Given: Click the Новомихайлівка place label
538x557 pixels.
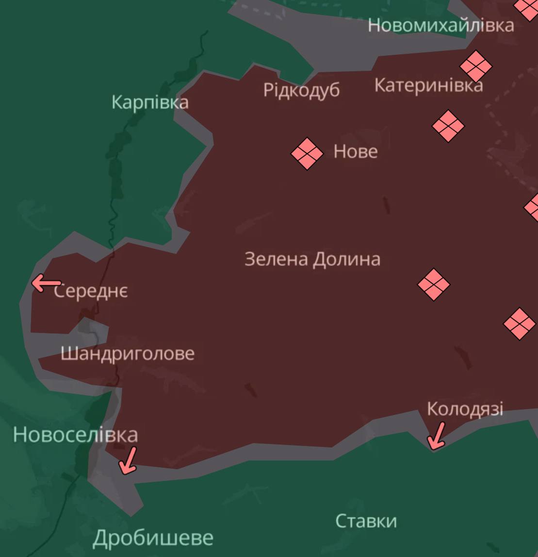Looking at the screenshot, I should pyautogui.click(x=440, y=25).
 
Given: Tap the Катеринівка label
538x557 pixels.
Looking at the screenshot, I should pyautogui.click(x=428, y=86).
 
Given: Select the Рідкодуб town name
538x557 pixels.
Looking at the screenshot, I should pyautogui.click(x=301, y=90).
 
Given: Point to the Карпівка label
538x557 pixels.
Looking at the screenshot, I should pyautogui.click(x=150, y=102).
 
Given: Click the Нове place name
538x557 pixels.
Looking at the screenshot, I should pyautogui.click(x=356, y=152).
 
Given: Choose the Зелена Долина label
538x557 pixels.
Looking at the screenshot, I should pyautogui.click(x=312, y=259).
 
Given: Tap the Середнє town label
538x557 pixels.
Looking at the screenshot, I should pyautogui.click(x=91, y=291).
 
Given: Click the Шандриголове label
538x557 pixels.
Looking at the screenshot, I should pyautogui.click(x=128, y=353).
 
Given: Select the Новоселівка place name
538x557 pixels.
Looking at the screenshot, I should pyautogui.click(x=75, y=434).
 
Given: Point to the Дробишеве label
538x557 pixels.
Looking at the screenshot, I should pyautogui.click(x=153, y=538).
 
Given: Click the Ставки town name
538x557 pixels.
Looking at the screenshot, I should pyautogui.click(x=366, y=521).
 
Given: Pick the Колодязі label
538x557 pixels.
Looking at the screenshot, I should pyautogui.click(x=465, y=409).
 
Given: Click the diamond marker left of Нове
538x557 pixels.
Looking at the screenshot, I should pyautogui.click(x=307, y=154).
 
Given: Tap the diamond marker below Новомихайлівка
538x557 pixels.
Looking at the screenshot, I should pyautogui.click(x=476, y=66).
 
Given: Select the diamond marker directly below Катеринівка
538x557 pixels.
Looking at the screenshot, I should pyautogui.click(x=448, y=126).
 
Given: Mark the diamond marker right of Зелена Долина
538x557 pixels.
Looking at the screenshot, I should pyautogui.click(x=434, y=285).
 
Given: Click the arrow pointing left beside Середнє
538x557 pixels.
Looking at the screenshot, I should pyautogui.click(x=46, y=283).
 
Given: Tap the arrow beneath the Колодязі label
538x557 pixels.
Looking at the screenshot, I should pyautogui.click(x=436, y=436).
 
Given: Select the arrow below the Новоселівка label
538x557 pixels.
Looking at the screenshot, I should pyautogui.click(x=128, y=461).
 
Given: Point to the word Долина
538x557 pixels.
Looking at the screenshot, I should pyautogui.click(x=346, y=259).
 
